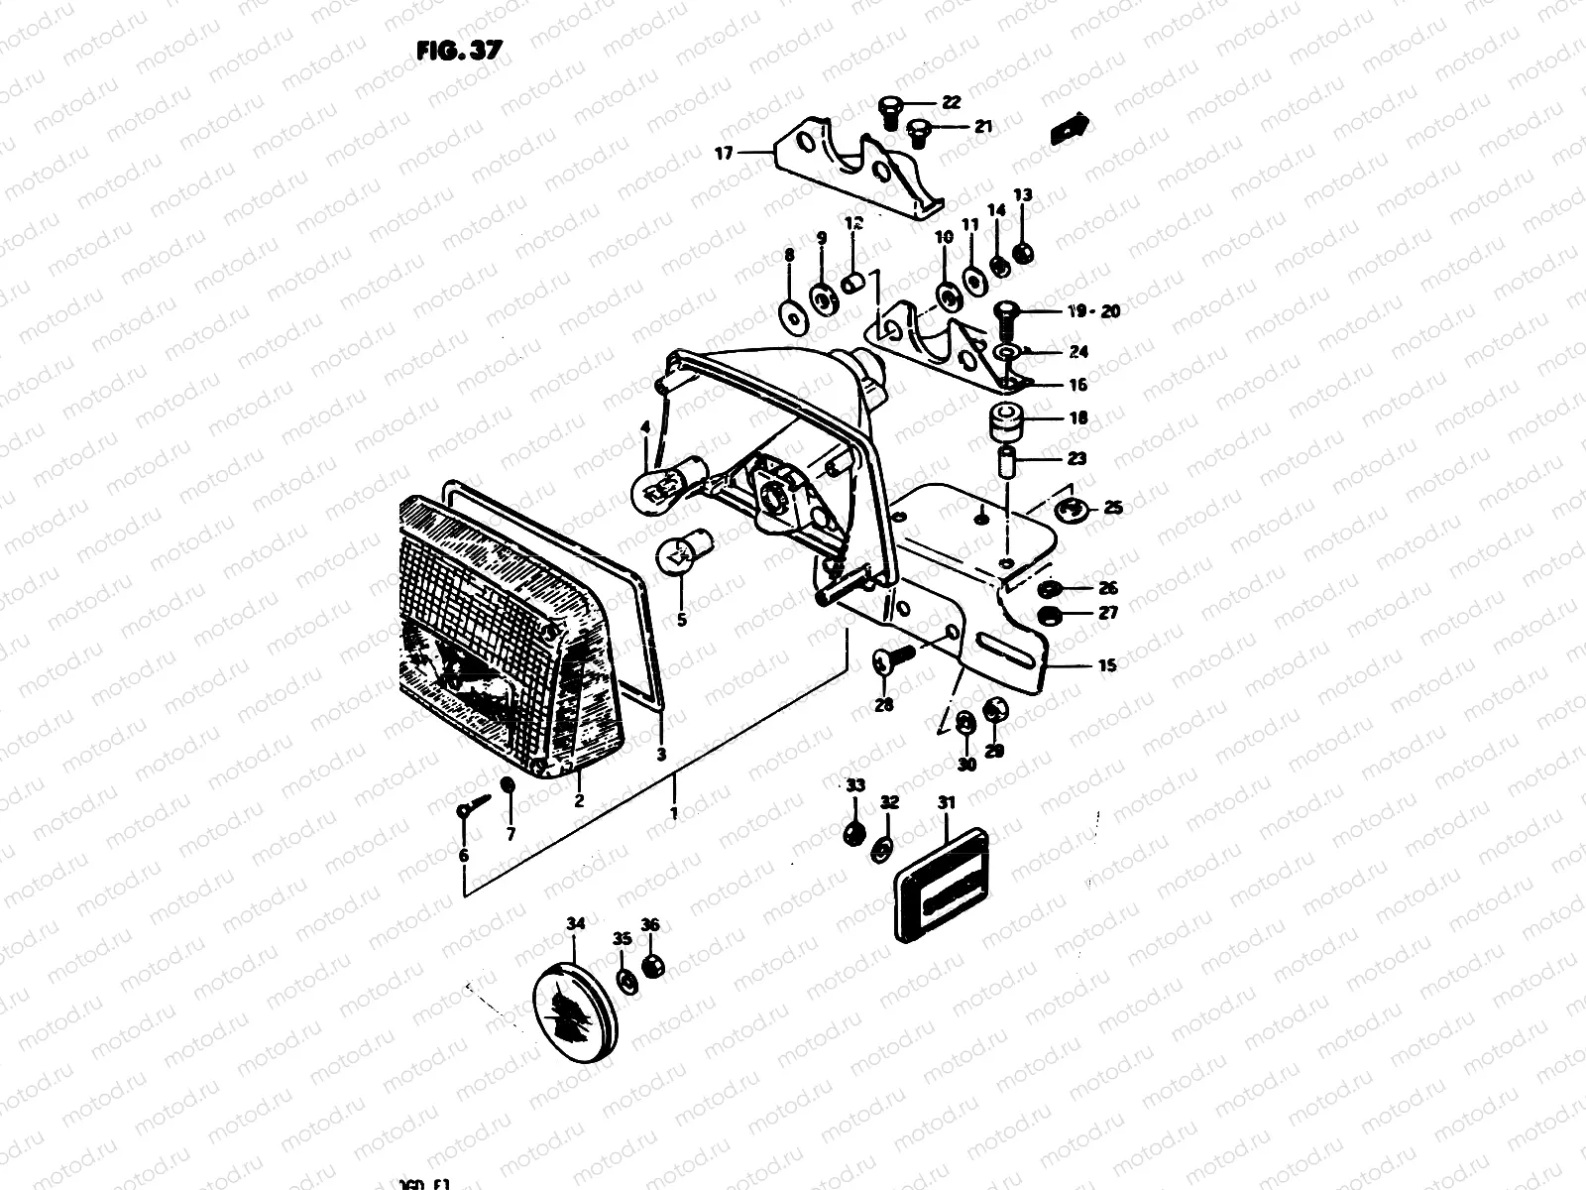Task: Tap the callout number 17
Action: tap(724, 153)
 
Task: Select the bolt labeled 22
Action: tap(889, 110)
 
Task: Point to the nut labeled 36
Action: tap(652, 966)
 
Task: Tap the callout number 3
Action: tap(661, 755)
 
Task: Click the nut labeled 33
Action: tap(851, 833)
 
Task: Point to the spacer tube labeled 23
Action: tap(1006, 461)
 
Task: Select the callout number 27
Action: tap(1108, 613)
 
